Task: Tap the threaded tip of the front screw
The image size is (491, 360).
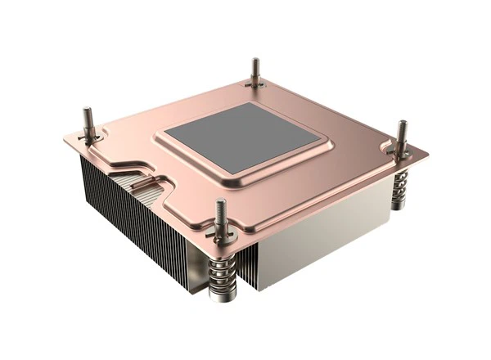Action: (x=219, y=209)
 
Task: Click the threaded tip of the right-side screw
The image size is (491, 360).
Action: (x=402, y=128)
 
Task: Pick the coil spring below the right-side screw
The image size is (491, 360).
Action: (x=399, y=188)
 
